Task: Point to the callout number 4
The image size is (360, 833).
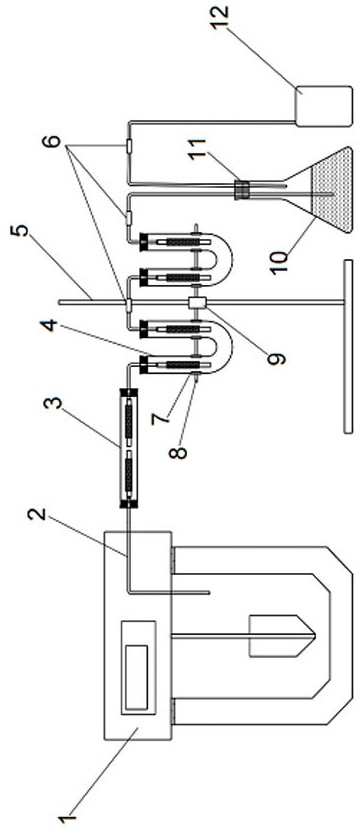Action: point(52,324)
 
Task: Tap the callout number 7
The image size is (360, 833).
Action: point(163,415)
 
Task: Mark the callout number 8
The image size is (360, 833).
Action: point(179,452)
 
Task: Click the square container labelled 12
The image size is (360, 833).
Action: point(323,106)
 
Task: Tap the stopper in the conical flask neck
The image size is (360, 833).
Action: point(242,190)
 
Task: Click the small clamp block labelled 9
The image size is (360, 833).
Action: point(197,303)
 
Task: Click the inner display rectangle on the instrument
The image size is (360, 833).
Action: point(136,676)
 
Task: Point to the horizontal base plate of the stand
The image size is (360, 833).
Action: point(348,346)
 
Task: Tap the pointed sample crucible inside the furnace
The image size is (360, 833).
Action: point(281,636)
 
